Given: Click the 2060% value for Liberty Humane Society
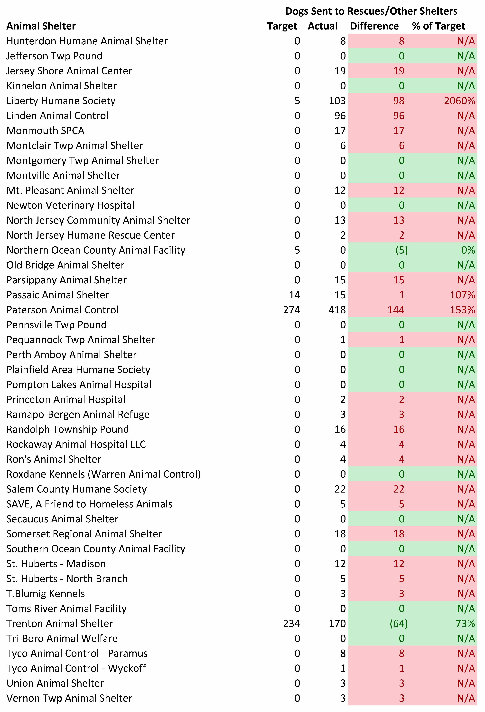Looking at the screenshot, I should (x=459, y=101).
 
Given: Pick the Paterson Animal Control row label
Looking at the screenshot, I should (x=62, y=310).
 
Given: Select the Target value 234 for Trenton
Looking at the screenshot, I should (x=291, y=623).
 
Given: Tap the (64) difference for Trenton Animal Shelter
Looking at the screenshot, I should (x=399, y=623).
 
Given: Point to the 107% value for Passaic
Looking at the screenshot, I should (x=462, y=295).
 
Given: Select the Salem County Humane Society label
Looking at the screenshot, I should (x=77, y=489).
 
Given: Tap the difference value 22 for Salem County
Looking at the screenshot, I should (x=399, y=489).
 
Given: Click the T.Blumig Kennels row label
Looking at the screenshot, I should (x=46, y=593).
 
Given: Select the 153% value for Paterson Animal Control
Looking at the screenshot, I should (x=462, y=310).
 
